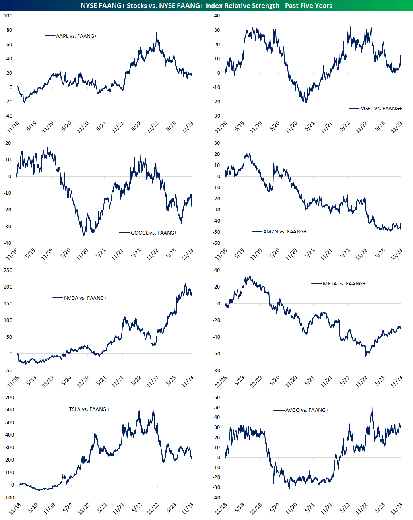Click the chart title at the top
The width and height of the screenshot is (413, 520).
tap(206, 6)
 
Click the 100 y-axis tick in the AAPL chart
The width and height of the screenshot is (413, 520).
tap(8, 16)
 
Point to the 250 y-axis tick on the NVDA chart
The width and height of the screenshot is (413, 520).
tap(8, 270)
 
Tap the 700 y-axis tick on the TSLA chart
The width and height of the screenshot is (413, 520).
tap(10, 398)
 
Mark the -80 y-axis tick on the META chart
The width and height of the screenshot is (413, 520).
tap(216, 371)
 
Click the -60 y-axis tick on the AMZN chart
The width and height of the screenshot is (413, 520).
tap(216, 243)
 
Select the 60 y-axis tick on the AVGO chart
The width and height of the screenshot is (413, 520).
tap(217, 398)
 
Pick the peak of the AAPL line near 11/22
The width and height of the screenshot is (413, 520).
tap(157, 33)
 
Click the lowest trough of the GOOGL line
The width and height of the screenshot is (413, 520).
tap(83, 236)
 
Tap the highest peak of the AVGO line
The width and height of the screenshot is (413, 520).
tap(372, 406)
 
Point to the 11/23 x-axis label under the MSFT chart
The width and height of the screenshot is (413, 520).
tap(397, 127)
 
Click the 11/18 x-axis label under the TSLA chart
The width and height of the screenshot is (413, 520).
tap(15, 508)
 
